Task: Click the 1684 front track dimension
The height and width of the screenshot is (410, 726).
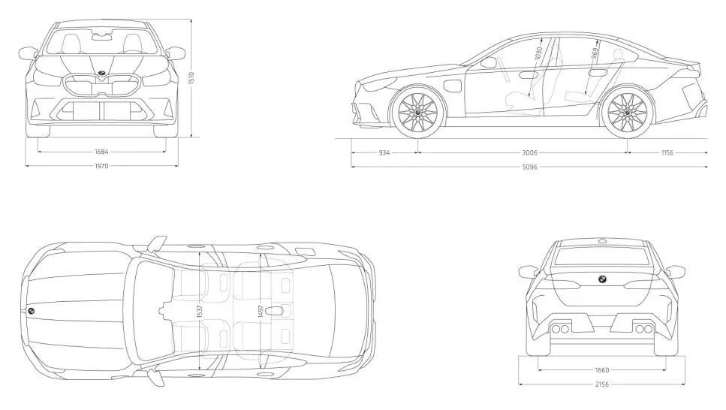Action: point(101,152)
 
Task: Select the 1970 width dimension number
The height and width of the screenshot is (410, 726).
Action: point(101,166)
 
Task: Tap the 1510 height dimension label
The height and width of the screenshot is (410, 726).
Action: point(191,78)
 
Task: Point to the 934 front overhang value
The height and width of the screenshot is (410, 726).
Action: point(384,152)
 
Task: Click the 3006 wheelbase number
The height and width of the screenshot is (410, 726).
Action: point(530,152)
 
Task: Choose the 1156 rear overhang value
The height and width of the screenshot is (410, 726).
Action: point(667,152)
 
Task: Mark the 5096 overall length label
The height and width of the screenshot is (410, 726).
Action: point(530,167)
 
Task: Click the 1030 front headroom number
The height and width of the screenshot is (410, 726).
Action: point(538,53)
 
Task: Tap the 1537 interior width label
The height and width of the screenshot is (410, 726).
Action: point(200,312)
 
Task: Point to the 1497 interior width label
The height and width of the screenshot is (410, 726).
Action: point(261,312)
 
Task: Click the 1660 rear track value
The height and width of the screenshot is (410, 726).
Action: point(602,369)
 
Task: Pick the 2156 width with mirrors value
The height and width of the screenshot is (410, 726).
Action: point(602,384)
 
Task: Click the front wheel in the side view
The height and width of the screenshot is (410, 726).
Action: point(418,112)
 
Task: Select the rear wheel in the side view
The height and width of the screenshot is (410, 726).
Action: point(627,112)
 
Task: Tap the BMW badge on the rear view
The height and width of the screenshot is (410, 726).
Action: point(602,279)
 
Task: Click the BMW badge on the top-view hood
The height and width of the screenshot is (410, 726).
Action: point(31,312)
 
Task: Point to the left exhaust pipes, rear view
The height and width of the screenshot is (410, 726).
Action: point(560,330)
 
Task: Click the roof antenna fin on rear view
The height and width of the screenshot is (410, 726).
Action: point(602,240)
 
